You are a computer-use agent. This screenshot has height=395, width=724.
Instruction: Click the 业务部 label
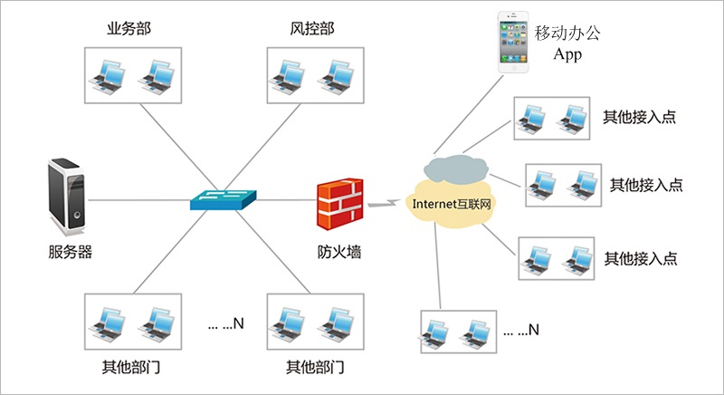pos(129,28)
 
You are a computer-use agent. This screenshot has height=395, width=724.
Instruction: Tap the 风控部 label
pos(307,28)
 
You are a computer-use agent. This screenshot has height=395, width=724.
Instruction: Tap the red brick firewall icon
pos(339,203)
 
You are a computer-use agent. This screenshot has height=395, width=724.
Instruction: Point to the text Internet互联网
pos(451,204)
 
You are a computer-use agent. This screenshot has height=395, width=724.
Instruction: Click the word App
pos(567,54)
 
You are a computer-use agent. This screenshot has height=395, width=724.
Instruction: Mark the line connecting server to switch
pos(140,199)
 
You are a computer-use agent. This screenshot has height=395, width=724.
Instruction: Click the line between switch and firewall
pos(288,199)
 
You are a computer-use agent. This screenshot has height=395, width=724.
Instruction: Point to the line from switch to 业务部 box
pos(172,145)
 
